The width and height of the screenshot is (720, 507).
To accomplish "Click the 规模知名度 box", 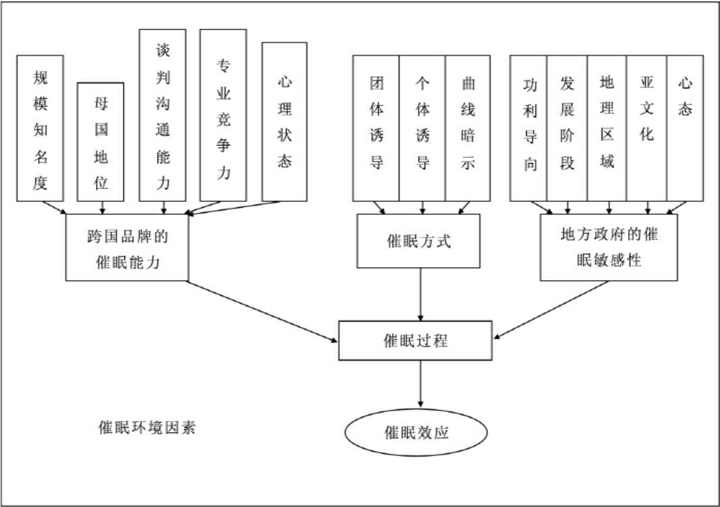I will point(40,128).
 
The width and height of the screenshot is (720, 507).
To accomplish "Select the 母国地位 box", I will point(100,142).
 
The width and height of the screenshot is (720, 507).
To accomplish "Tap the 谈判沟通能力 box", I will point(163,115).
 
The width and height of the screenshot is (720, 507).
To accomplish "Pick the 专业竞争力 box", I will point(223,115).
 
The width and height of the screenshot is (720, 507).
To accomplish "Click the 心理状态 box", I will point(284,122).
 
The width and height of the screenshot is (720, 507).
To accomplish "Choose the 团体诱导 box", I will point(376,128).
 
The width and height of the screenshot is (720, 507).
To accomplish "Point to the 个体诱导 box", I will point(422,128).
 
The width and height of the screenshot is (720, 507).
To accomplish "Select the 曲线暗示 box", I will point(468,128).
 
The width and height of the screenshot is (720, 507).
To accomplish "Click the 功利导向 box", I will point(528,128).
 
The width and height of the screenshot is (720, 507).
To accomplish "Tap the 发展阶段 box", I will point(567,128).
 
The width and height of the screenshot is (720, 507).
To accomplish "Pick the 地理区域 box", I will point(607,128).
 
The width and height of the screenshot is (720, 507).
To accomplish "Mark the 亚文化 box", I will point(646,128).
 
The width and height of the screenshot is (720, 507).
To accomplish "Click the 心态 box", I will point(685,128).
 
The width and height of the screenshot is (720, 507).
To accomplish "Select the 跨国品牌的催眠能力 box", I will point(127,248).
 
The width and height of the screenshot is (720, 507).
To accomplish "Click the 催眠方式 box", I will point(418,241).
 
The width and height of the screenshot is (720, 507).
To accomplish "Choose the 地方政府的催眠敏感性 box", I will point(609,248).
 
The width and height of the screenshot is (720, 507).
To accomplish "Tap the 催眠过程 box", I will point(415,340).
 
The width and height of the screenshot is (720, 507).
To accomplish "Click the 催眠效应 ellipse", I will point(416,432).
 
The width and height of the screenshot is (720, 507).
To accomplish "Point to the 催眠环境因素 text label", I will point(147,427).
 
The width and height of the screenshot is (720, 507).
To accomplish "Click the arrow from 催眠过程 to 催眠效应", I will point(420,383).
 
